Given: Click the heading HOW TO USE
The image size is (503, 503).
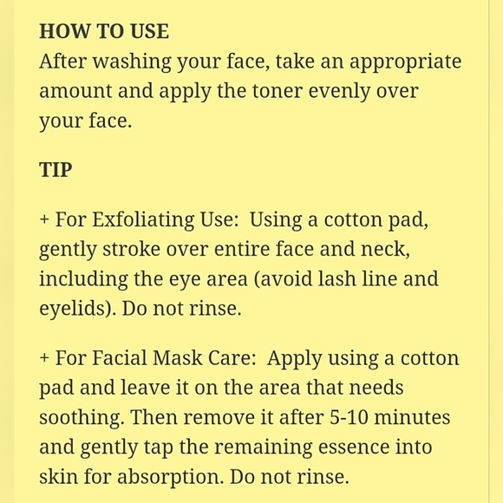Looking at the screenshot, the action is click(x=104, y=31).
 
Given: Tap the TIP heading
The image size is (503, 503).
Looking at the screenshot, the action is click(x=56, y=169).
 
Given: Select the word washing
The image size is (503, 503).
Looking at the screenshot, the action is click(x=132, y=62).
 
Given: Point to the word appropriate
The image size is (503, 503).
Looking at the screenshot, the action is click(x=406, y=62).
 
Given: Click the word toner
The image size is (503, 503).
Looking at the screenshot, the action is click(x=278, y=91).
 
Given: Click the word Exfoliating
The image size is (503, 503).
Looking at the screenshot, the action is click(x=143, y=221).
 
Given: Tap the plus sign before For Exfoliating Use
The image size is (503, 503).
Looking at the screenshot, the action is click(x=44, y=220).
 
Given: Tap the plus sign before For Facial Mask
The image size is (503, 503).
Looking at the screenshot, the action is click(x=44, y=358).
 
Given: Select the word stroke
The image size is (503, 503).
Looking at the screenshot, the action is click(x=131, y=249).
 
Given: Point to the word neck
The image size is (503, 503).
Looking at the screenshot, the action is click(x=385, y=249).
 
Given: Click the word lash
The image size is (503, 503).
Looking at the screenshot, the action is click(x=336, y=278).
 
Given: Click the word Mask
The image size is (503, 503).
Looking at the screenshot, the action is click(x=178, y=357).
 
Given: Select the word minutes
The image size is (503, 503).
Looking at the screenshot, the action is click(x=412, y=418).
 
